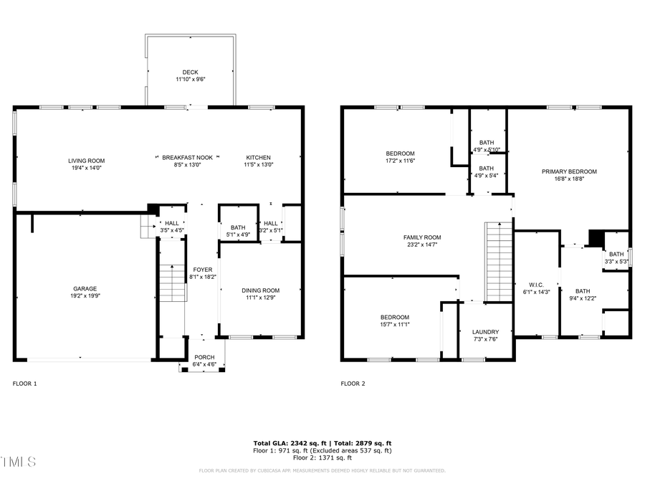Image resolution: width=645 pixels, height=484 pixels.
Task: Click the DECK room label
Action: (190, 72)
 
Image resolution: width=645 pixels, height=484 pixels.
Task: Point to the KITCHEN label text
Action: (258, 157)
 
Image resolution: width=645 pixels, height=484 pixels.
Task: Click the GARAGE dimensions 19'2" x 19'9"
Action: (86, 295)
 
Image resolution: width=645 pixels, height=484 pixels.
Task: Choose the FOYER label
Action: (202, 270)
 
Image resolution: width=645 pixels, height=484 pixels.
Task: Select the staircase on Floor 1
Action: (172, 283)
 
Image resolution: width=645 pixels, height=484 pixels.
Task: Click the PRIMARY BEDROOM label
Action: (569, 171)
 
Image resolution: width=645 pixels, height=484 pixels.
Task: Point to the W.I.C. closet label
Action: (535, 283)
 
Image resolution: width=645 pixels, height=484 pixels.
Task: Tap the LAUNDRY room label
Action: (485, 332)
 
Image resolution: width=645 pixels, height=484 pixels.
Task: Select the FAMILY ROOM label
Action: (421, 237)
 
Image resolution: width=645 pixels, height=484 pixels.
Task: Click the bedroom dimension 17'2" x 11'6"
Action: (400, 162)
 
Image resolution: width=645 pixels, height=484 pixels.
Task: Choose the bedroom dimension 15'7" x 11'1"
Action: (394, 325)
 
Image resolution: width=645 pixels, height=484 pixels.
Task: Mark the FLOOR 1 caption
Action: (25, 384)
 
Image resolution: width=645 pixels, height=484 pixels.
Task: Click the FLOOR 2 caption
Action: (353, 384)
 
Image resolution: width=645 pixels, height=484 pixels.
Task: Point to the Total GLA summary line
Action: (322, 443)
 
